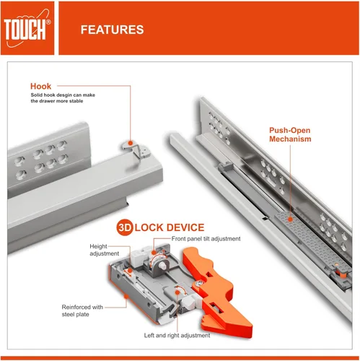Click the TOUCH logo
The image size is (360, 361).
pos(27,28)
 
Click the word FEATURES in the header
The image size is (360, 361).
pos(112,30)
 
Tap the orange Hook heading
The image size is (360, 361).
pos(40,86)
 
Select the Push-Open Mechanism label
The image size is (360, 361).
pos(290,134)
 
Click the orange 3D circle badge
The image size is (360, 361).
pos(125,227)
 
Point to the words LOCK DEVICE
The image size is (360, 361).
pos(170,227)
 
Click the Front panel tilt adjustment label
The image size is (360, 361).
pos(206,239)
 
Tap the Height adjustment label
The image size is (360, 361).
pos(104,250)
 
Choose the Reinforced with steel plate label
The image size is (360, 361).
pos(82,310)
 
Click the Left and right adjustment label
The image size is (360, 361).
pos(177,335)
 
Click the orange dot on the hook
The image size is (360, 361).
pos(131,143)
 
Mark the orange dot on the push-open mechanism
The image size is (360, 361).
pos(290,219)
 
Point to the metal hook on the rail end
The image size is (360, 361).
pos(136,149)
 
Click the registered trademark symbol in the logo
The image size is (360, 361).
pos(48,22)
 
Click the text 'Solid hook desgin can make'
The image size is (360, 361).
pos(63,95)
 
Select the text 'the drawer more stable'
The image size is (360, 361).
pos(57,101)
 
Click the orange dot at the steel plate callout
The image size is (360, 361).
pos(126,296)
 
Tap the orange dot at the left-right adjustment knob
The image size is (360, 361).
pos(177,292)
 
